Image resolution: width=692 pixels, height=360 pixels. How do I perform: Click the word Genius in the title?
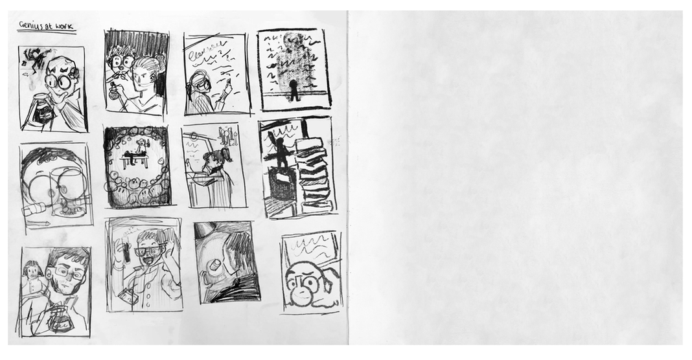click(30, 26)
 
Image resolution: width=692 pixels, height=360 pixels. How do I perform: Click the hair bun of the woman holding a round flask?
click(159, 63)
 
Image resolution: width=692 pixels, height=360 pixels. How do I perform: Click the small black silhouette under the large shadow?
click(292, 91)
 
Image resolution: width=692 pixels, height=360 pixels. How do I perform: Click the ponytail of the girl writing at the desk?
click(226, 155)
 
